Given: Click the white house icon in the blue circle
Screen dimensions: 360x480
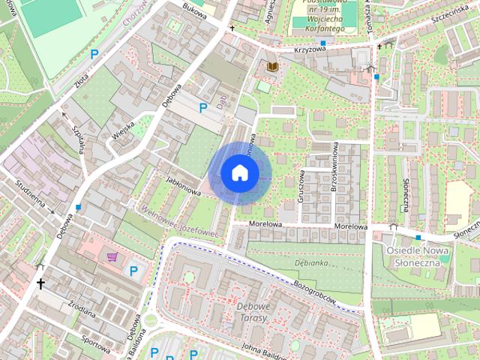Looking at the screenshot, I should point(238,173).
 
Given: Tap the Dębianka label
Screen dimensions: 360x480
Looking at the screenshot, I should point(313,264).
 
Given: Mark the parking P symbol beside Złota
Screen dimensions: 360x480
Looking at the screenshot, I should point(94,54).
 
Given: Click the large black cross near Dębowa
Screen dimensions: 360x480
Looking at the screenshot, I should point(40,283).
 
